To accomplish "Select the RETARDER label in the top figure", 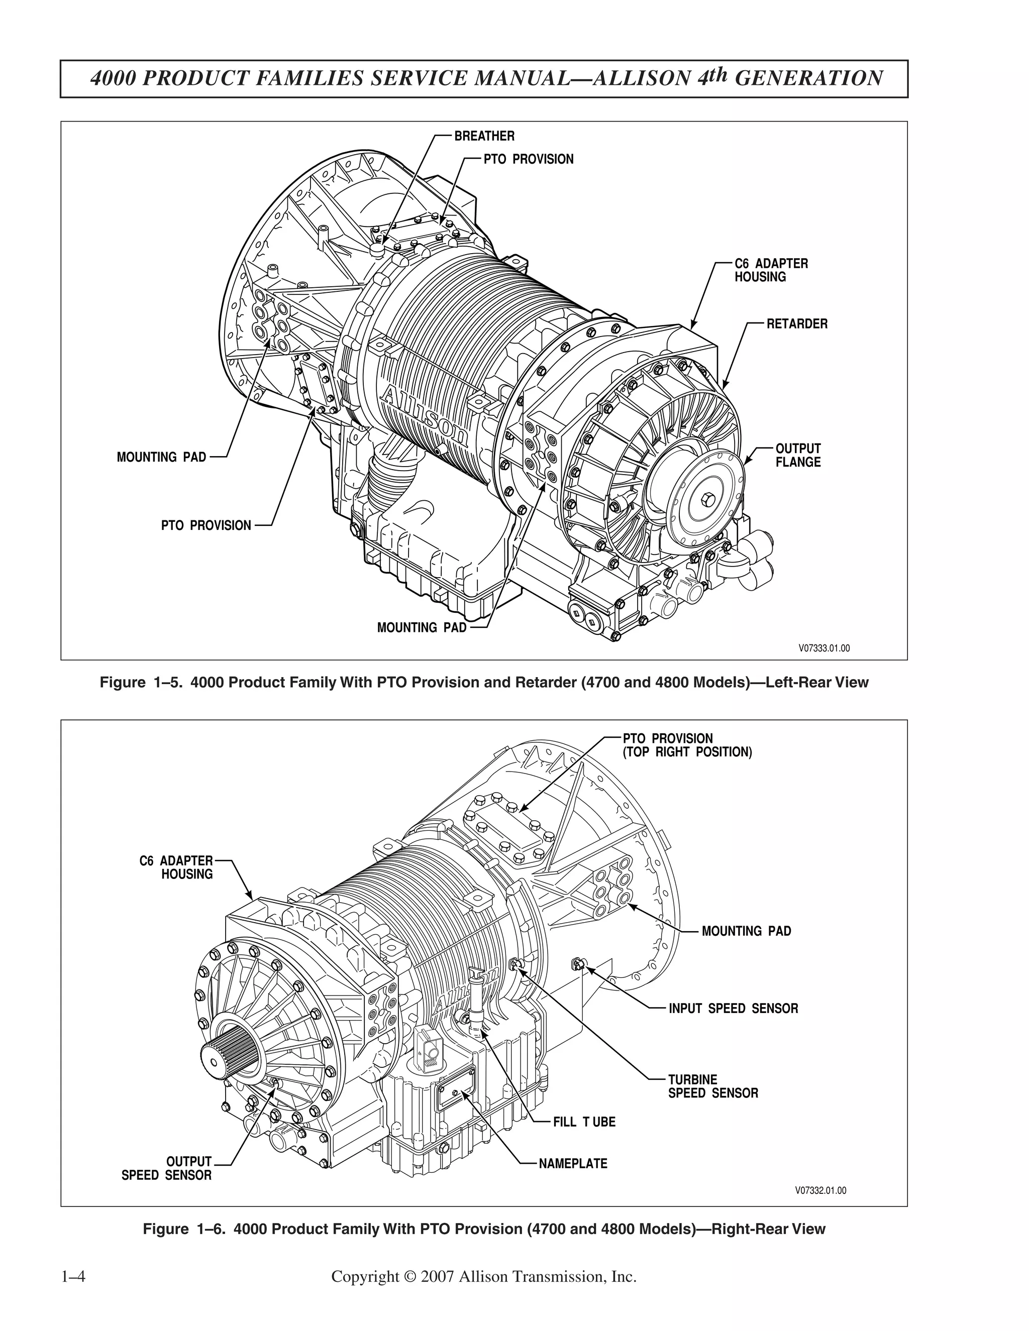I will point(797,323).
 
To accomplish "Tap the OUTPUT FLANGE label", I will point(797,455).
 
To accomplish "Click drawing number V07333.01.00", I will point(824,648).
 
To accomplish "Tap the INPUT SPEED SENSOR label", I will point(733,1009).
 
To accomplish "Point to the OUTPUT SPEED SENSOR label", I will point(166,1168).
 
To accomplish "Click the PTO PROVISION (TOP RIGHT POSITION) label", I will point(687,745).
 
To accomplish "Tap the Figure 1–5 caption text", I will point(483,682).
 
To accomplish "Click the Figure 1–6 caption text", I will point(483,1229).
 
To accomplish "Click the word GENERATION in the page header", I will point(808,78).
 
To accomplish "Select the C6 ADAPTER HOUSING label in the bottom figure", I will point(176,867).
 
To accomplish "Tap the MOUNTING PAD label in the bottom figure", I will point(746,931).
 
